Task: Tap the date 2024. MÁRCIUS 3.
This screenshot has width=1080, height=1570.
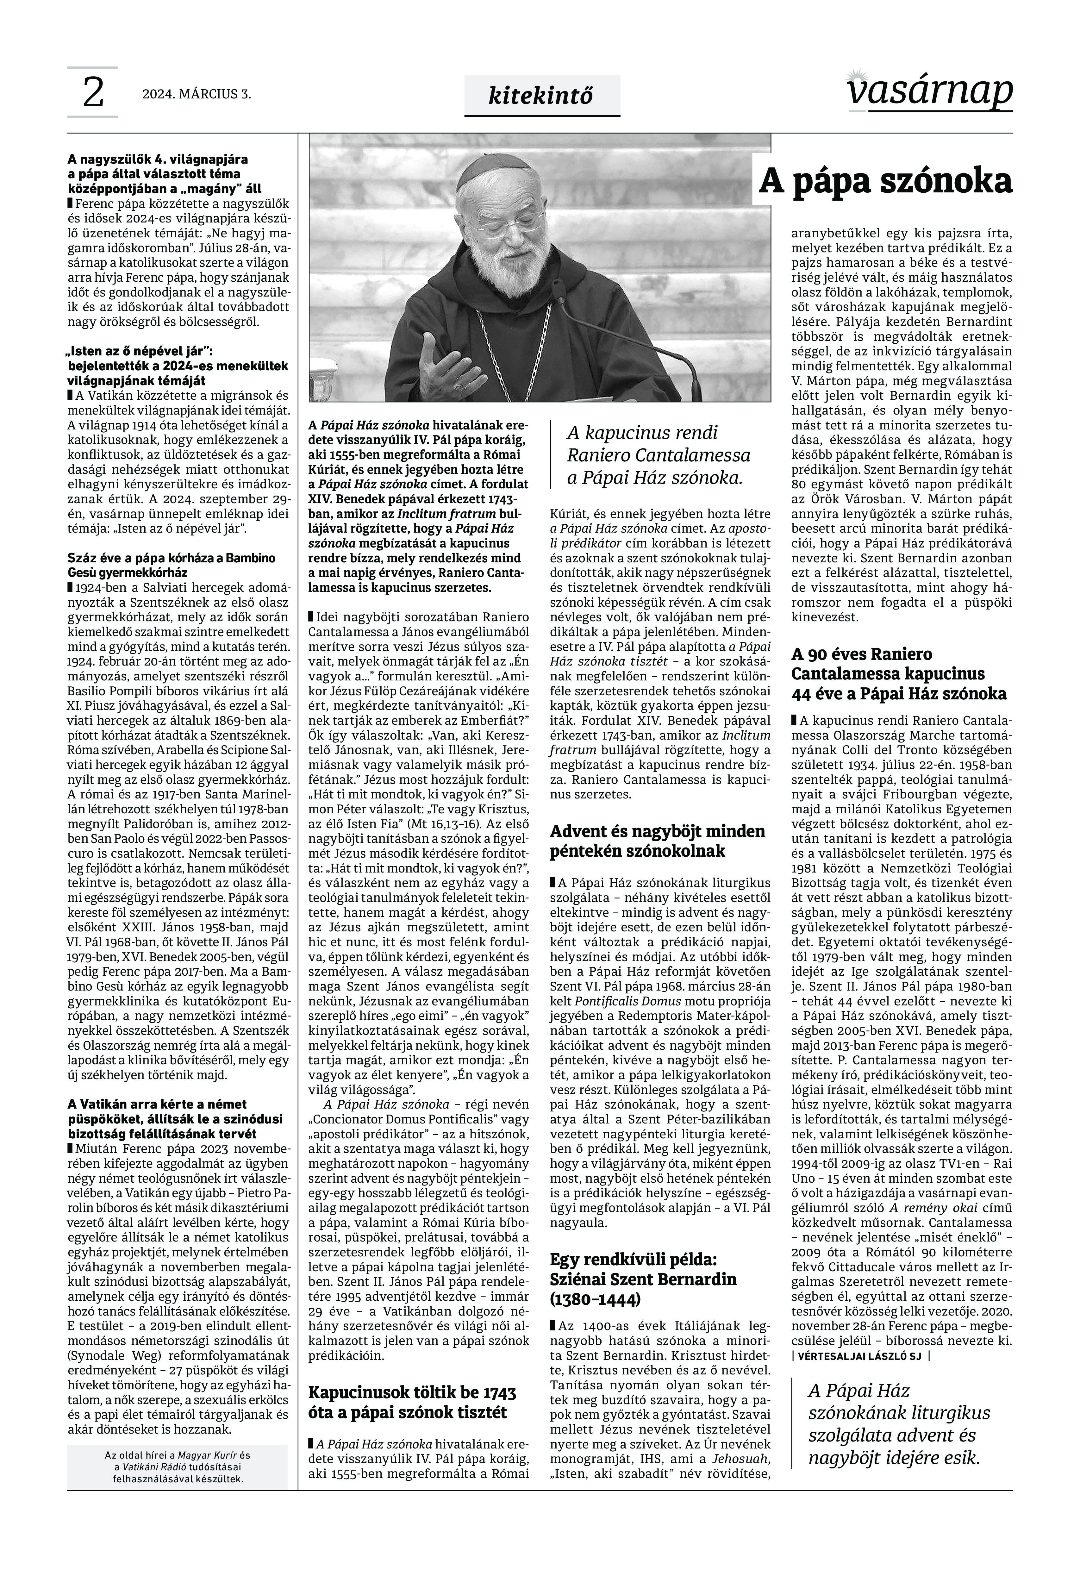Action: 196,95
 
